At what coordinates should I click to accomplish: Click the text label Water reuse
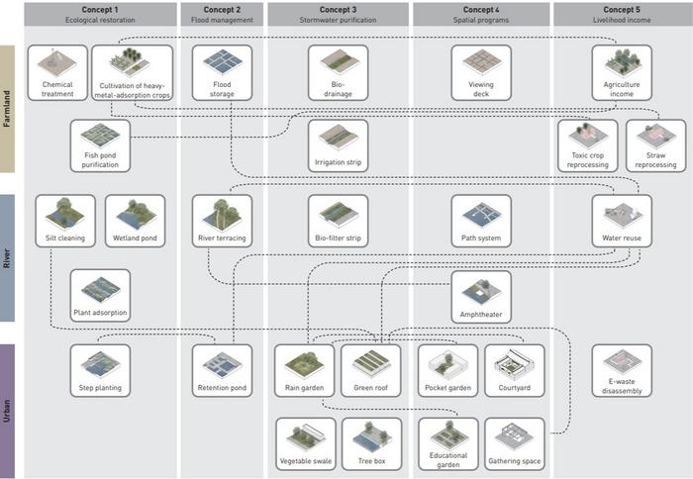[x=622, y=239]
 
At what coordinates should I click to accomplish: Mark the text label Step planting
[x=101, y=388]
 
